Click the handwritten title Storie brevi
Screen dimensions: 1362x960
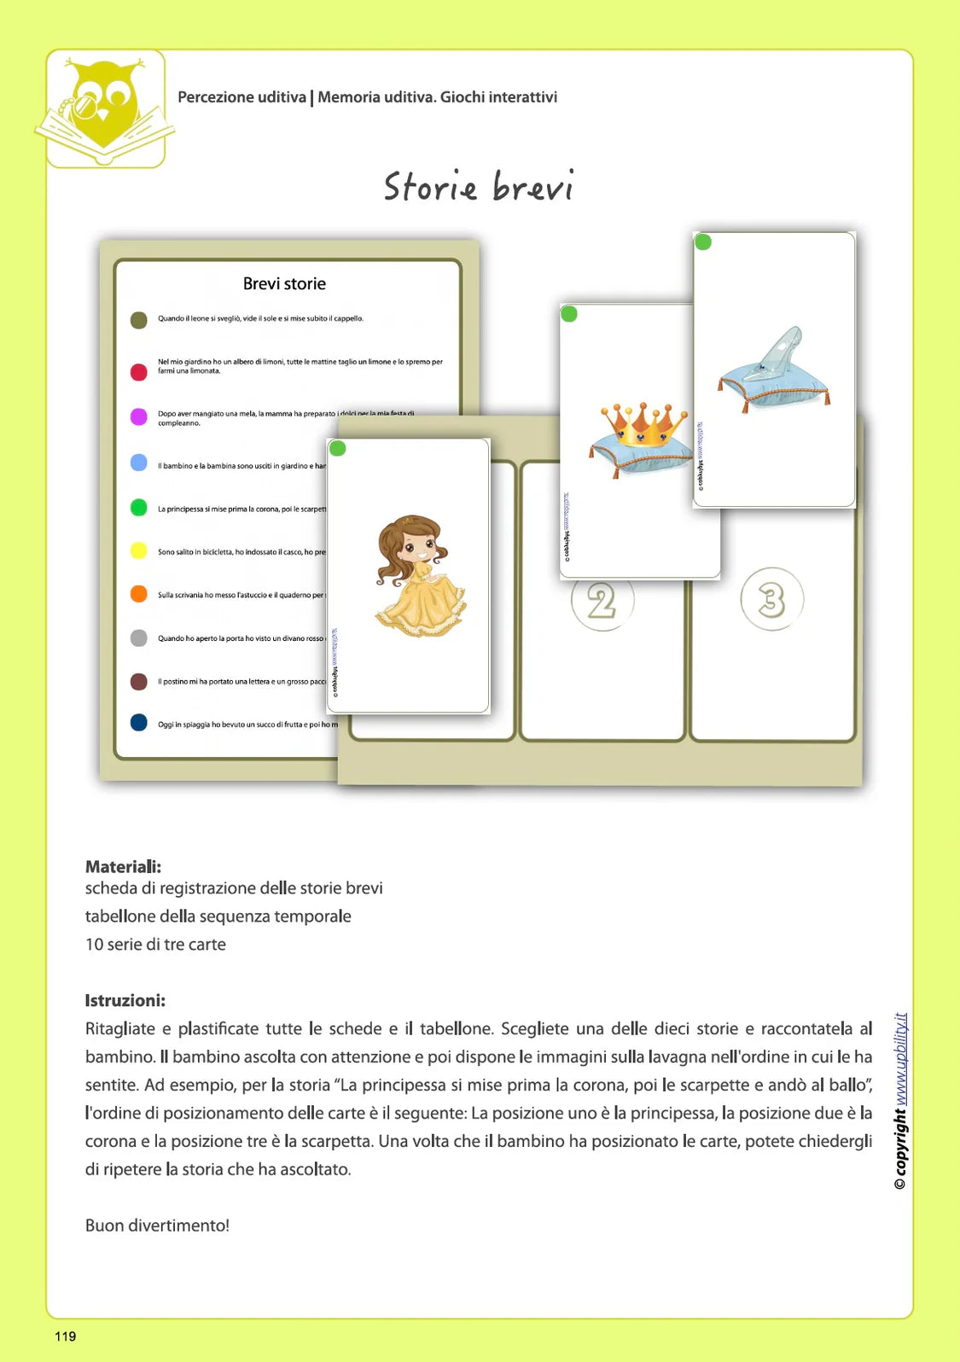[478, 187]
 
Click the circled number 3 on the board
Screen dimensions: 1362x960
[771, 599]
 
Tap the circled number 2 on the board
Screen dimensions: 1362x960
[602, 602]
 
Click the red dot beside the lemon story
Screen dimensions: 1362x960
[138, 371]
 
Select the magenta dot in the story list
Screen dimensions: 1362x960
[138, 416]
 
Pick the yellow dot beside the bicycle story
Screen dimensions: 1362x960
[138, 550]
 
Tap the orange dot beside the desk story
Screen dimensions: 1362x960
[138, 594]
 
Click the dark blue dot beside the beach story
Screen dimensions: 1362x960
[138, 723]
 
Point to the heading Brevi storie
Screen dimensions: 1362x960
[284, 284]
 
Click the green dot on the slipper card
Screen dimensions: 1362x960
[703, 242]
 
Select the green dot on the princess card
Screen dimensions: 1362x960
[338, 448]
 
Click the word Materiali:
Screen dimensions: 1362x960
[123, 867]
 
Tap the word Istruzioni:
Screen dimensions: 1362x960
[125, 1000]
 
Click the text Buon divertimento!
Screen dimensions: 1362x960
[157, 1225]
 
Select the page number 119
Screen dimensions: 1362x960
[66, 1336]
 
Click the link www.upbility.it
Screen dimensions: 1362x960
[901, 1059]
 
